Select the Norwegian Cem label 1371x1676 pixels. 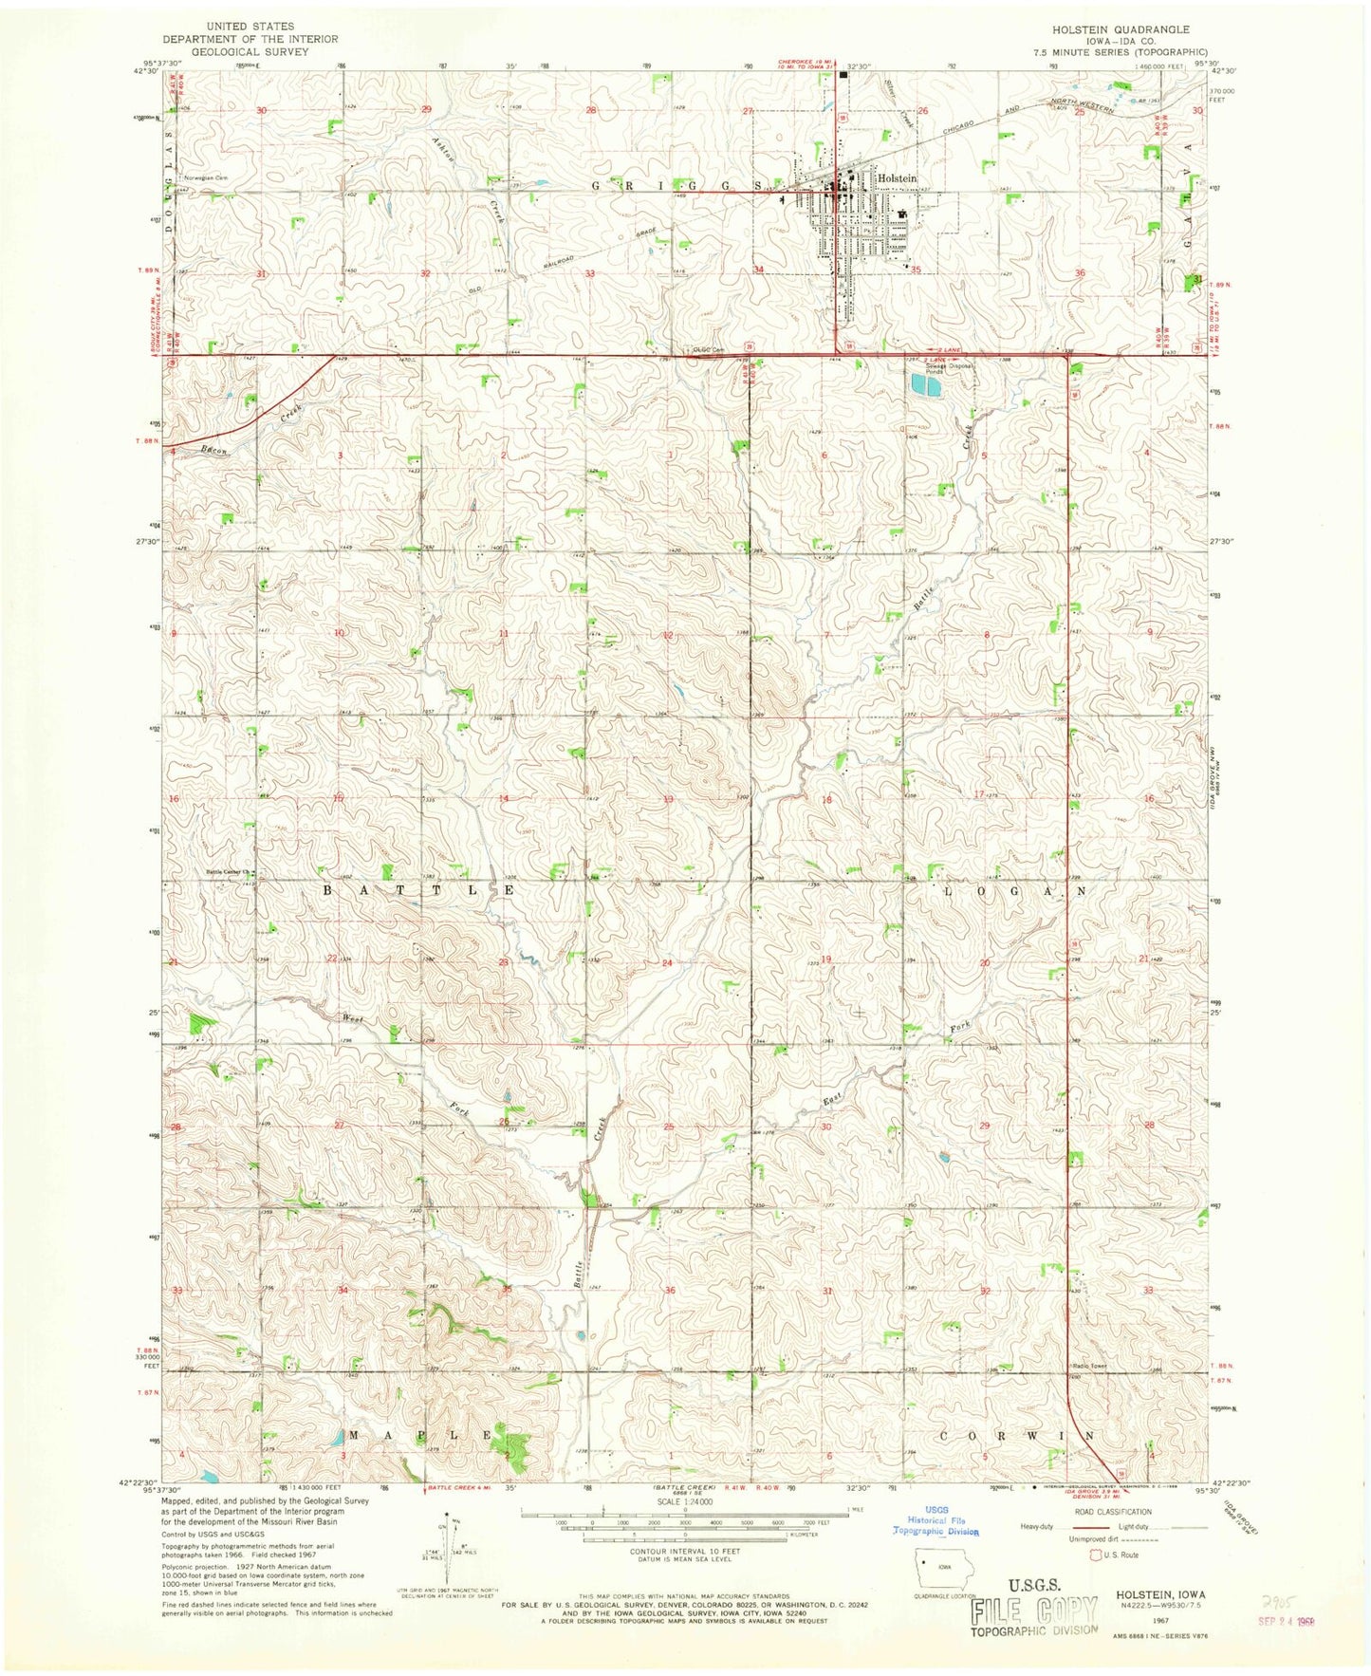208,177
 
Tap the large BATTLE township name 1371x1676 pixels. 418,891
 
